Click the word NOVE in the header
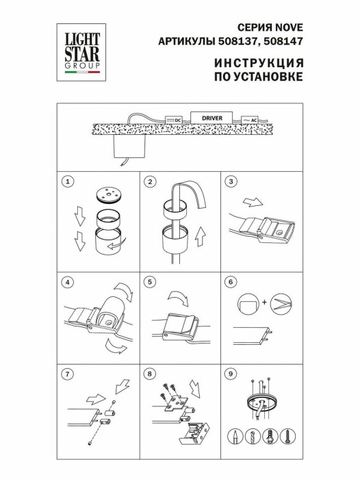coord(289,27)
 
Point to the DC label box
coord(173,120)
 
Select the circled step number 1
coord(66,181)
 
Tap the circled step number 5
coord(149,281)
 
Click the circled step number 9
coord(231,374)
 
